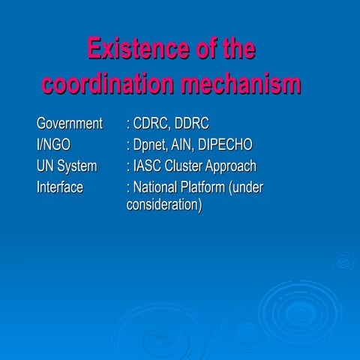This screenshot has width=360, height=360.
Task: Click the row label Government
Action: coord(69,123)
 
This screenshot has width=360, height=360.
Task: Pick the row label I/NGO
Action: coord(53,145)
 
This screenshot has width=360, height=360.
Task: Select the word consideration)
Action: coord(164,205)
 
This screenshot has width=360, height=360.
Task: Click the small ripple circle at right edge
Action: coord(343,262)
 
